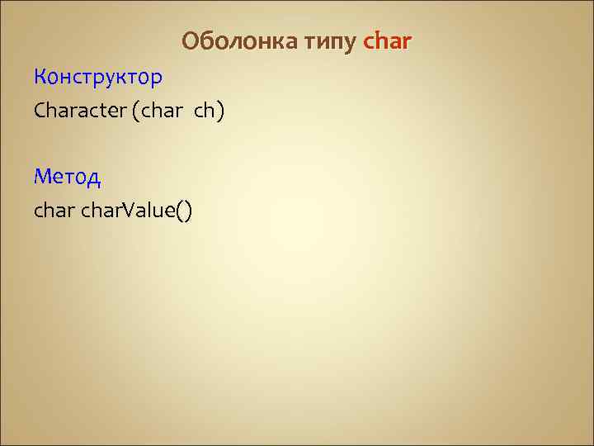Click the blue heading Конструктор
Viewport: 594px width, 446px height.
tap(98, 78)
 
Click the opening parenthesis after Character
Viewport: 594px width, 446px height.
tap(134, 111)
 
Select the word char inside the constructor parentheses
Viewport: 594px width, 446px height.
tap(158, 111)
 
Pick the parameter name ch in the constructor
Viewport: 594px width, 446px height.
tap(204, 111)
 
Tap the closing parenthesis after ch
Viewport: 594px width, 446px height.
tap(219, 111)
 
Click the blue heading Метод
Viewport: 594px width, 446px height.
tap(67, 176)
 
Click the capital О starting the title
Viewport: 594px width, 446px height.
tap(190, 40)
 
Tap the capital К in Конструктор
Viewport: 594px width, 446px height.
tap(40, 78)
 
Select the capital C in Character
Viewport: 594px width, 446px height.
tap(40, 111)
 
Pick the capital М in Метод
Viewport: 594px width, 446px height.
tap(42, 176)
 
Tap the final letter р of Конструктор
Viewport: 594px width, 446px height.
tap(157, 79)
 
